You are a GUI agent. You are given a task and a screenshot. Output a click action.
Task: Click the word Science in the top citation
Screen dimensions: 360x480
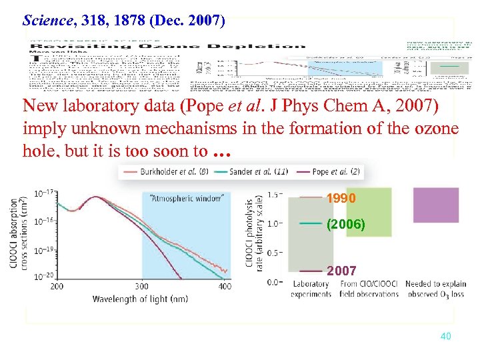(48, 20)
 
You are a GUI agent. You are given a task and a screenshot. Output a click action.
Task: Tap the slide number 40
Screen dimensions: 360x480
(446, 336)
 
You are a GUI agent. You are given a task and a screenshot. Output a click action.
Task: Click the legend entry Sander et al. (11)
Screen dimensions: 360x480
(258, 171)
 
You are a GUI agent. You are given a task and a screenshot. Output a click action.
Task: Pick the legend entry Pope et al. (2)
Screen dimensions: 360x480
(337, 171)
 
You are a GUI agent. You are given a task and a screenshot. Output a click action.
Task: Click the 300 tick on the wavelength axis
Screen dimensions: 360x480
(142, 286)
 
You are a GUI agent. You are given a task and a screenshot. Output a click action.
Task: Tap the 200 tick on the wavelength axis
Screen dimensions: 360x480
(57, 286)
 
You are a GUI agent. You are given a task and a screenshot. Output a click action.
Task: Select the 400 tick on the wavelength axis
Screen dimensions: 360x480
(225, 286)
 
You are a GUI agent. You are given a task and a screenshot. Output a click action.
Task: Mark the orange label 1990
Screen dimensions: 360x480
(341, 199)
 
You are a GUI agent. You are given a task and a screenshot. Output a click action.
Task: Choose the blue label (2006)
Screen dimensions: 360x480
(345, 225)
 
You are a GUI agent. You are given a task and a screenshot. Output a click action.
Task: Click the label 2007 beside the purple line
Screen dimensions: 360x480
(341, 271)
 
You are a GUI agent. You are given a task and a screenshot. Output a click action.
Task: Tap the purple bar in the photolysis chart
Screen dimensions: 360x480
(435, 205)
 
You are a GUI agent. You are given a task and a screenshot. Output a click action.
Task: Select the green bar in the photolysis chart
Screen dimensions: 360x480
(359, 212)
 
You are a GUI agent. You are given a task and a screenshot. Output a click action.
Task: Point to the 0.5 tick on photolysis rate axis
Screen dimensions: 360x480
(275, 252)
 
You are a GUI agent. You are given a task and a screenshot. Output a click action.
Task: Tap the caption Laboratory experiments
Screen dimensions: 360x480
(311, 289)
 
